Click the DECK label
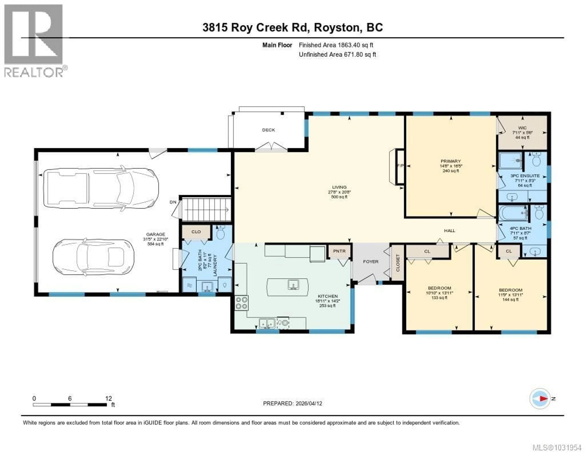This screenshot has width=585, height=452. pyautogui.click(x=268, y=130)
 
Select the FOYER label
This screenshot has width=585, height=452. pyautogui.click(x=371, y=262)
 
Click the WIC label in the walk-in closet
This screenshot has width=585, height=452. pyautogui.click(x=522, y=128)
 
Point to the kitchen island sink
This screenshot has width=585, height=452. pyautogui.click(x=293, y=284)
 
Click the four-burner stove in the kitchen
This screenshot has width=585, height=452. pyautogui.click(x=241, y=303)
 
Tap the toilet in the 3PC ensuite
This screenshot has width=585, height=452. pyautogui.click(x=536, y=160)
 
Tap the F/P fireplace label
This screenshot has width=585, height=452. pyautogui.click(x=400, y=166)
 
